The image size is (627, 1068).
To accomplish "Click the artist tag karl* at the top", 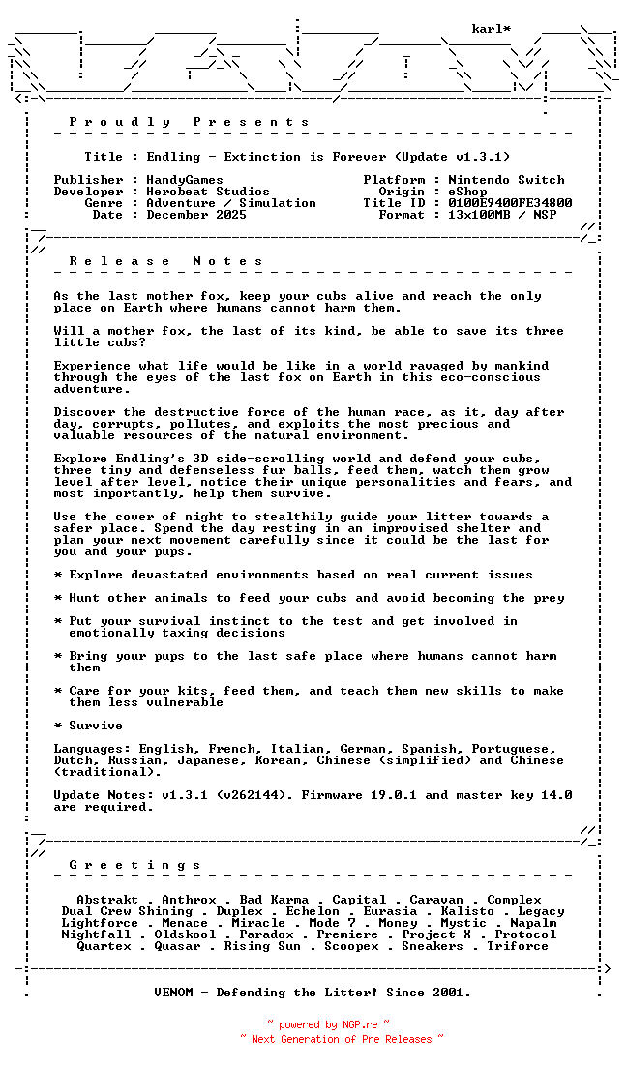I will point(492,29).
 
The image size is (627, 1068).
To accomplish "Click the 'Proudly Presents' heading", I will point(189,122).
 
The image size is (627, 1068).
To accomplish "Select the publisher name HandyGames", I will point(185,180).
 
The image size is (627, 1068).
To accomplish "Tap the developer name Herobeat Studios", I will point(208,192).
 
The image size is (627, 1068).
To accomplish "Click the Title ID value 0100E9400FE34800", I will point(510,203).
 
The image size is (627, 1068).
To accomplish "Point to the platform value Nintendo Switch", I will point(506,180).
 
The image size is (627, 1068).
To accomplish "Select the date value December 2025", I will point(196,215).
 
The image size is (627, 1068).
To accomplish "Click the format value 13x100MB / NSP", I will point(502,215).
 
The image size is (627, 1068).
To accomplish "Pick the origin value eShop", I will point(467,192).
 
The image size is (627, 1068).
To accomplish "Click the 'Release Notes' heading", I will point(165,261).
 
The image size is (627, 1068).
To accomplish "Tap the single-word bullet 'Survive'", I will point(96,726).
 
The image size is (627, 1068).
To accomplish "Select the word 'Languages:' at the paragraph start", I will point(92,749).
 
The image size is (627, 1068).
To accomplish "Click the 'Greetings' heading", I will point(134,865).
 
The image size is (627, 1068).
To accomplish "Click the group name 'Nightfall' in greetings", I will point(96,934).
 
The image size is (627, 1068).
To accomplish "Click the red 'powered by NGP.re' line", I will point(328,1024).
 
